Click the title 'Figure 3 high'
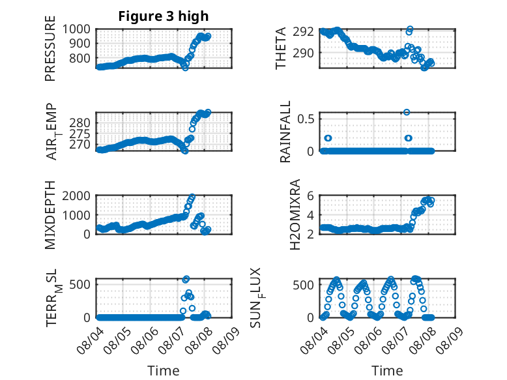[164, 16]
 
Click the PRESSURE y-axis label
[50, 48]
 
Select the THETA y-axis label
[281, 48]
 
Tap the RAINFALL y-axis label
[285, 132]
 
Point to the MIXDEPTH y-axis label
[50, 214]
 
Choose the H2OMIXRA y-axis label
[295, 214]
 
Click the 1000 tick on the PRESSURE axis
[76, 29]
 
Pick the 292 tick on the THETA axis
[303, 32]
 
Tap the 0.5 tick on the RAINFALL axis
[306, 119]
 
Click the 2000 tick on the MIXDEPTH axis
[76, 196]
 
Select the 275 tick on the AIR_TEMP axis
[80, 134]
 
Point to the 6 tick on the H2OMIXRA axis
[310, 196]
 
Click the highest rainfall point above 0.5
[407, 112]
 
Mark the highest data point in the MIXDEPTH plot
[192, 196]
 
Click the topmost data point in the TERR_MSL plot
[186, 279]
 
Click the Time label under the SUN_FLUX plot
[387, 371]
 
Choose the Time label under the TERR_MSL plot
[164, 371]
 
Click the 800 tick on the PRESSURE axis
[80, 58]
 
